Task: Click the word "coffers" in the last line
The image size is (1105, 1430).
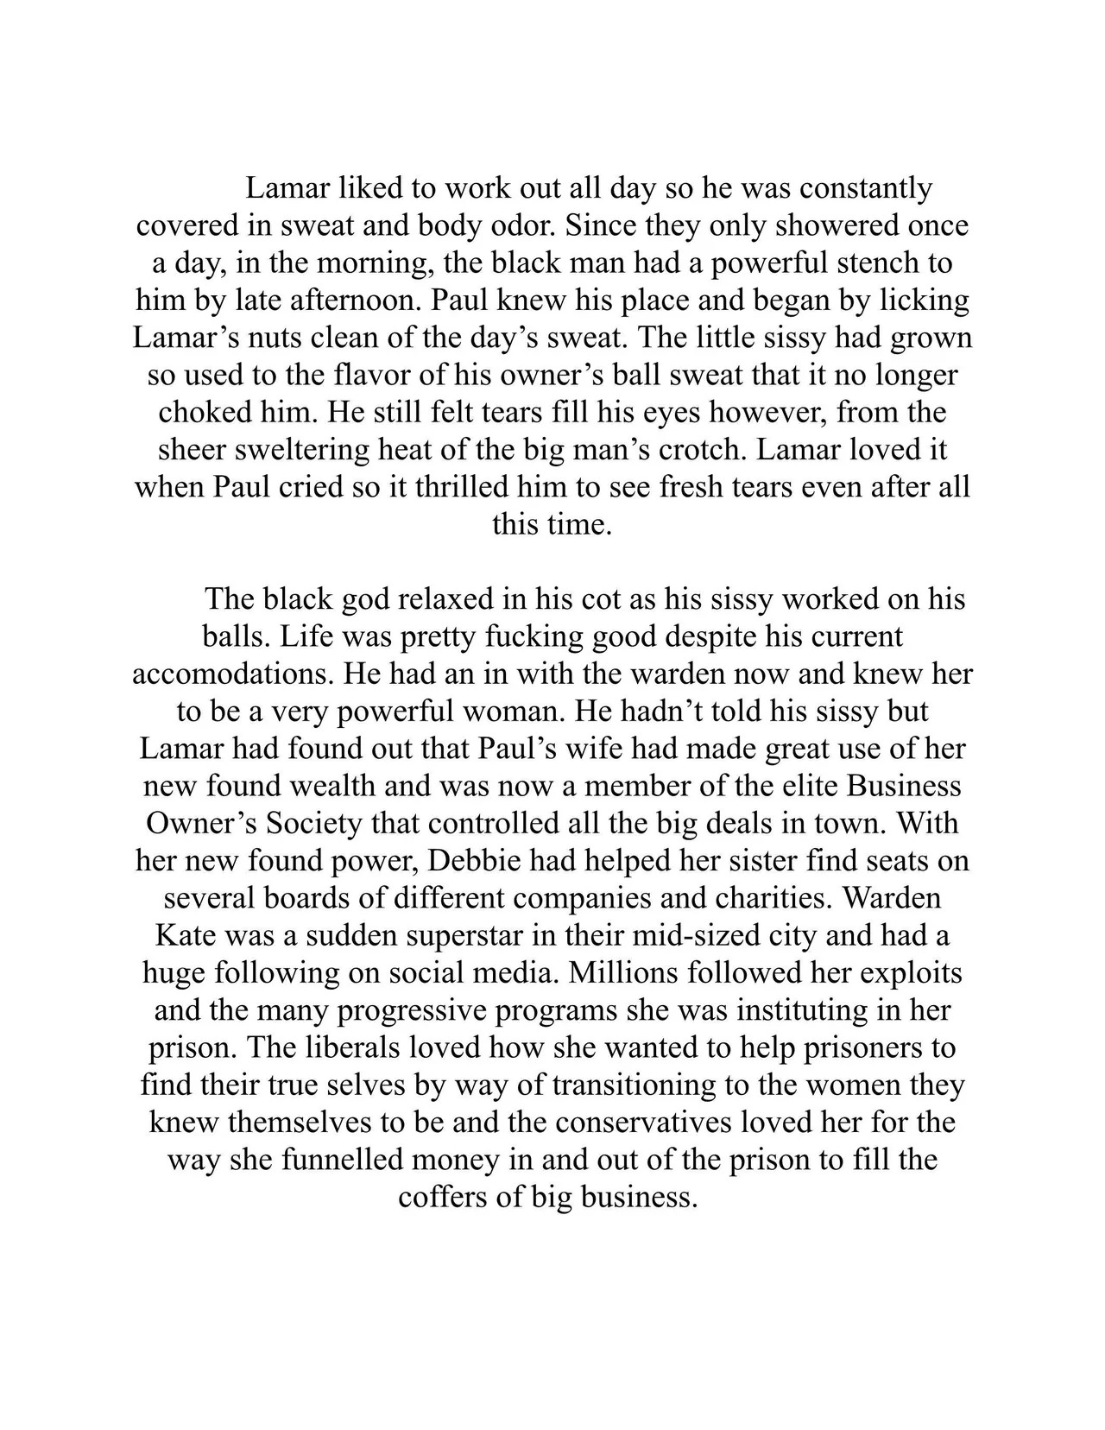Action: pyautogui.click(x=448, y=1198)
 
